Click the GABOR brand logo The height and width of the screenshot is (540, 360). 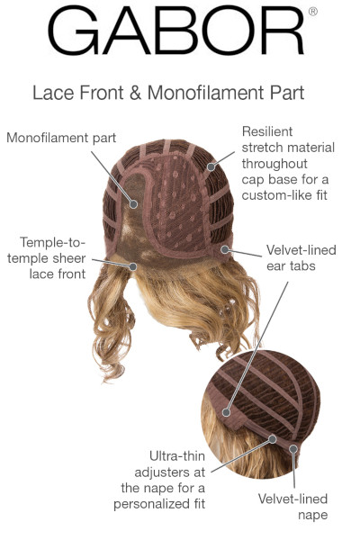[176, 31]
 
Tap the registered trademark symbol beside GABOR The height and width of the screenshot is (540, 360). [313, 12]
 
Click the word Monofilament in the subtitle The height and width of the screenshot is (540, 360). [206, 93]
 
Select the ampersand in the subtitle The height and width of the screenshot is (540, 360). [135, 93]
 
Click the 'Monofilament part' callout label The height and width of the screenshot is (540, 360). [61, 138]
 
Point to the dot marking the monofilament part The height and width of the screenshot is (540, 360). [134, 204]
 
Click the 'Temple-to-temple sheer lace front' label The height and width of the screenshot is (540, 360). [47, 258]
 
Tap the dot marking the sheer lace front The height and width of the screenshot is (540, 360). [133, 266]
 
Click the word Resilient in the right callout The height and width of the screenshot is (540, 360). [267, 131]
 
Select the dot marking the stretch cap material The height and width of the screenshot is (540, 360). [211, 167]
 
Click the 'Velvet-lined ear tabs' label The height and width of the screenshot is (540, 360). [301, 258]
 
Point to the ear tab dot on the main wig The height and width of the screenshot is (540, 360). [225, 249]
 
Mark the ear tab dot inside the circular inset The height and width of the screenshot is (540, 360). [226, 412]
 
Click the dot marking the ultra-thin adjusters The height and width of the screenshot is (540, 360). [273, 439]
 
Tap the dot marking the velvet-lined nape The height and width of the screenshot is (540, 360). [293, 449]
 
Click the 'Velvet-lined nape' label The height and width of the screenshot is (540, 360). [292, 507]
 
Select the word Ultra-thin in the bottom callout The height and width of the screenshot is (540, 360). [177, 456]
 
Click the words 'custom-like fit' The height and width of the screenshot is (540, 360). [284, 195]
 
